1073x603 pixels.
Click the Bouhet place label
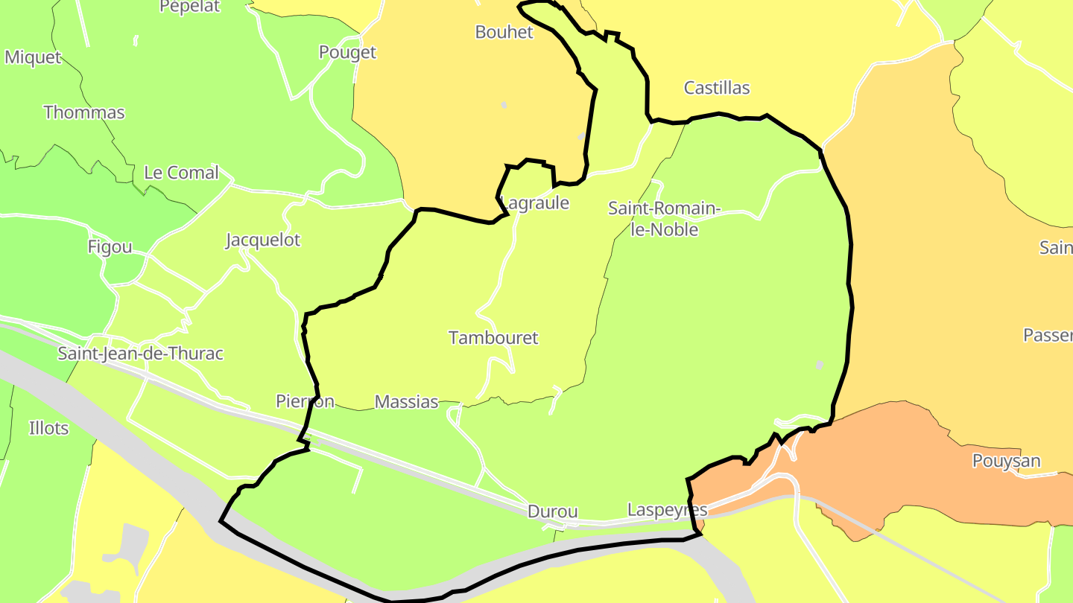pyautogui.click(x=504, y=32)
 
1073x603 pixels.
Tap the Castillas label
pyautogui.click(x=717, y=88)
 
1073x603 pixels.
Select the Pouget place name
pyautogui.click(x=347, y=52)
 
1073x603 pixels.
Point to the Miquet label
pyautogui.click(x=33, y=57)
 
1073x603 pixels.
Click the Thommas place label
pyautogui.click(x=84, y=112)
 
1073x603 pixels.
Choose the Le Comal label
pyautogui.click(x=181, y=173)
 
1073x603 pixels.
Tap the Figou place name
pyautogui.click(x=110, y=247)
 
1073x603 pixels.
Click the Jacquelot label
pyautogui.click(x=263, y=240)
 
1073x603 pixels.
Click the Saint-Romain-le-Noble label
pyautogui.click(x=664, y=219)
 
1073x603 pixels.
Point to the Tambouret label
pyautogui.click(x=493, y=337)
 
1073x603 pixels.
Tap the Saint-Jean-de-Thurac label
pyautogui.click(x=140, y=353)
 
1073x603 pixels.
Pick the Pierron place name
pyautogui.click(x=305, y=401)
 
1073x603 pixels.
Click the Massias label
pyautogui.click(x=406, y=402)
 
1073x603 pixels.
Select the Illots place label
pyautogui.click(x=48, y=428)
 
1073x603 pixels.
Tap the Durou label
pyautogui.click(x=552, y=511)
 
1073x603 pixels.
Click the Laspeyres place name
pyautogui.click(x=667, y=510)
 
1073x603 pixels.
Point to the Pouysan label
pyautogui.click(x=1006, y=461)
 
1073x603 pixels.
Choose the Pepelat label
pyautogui.click(x=190, y=7)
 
